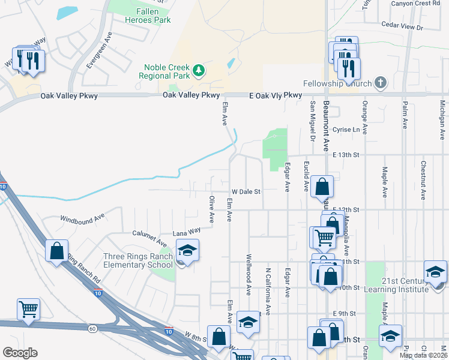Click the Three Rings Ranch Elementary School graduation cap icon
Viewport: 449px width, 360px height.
pyautogui.click(x=188, y=250)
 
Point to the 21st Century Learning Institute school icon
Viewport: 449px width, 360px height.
pyautogui.click(x=435, y=271)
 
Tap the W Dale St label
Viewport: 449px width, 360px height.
pyautogui.click(x=247, y=191)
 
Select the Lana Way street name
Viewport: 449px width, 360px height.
pyautogui.click(x=186, y=231)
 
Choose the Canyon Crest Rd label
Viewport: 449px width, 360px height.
pyautogui.click(x=419, y=3)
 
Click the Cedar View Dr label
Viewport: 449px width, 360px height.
pyautogui.click(x=402, y=27)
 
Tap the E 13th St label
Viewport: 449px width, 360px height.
pyautogui.click(x=345, y=155)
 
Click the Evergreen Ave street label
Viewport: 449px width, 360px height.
pyautogui.click(x=98, y=50)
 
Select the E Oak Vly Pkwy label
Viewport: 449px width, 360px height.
pyautogui.click(x=276, y=95)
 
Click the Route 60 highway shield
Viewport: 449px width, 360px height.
pyautogui.click(x=92, y=328)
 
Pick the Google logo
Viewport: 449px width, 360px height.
pyautogui.click(x=19, y=353)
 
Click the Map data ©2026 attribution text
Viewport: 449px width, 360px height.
pyautogui.click(x=422, y=355)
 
